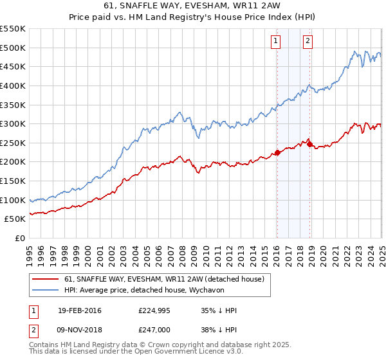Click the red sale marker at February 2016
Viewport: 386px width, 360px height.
(277, 152)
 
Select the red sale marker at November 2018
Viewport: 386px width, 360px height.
(309, 144)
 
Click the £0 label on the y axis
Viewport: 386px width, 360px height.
(19, 238)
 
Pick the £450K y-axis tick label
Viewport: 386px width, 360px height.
(13, 66)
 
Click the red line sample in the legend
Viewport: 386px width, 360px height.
(46, 280)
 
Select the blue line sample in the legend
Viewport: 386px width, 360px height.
(46, 291)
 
